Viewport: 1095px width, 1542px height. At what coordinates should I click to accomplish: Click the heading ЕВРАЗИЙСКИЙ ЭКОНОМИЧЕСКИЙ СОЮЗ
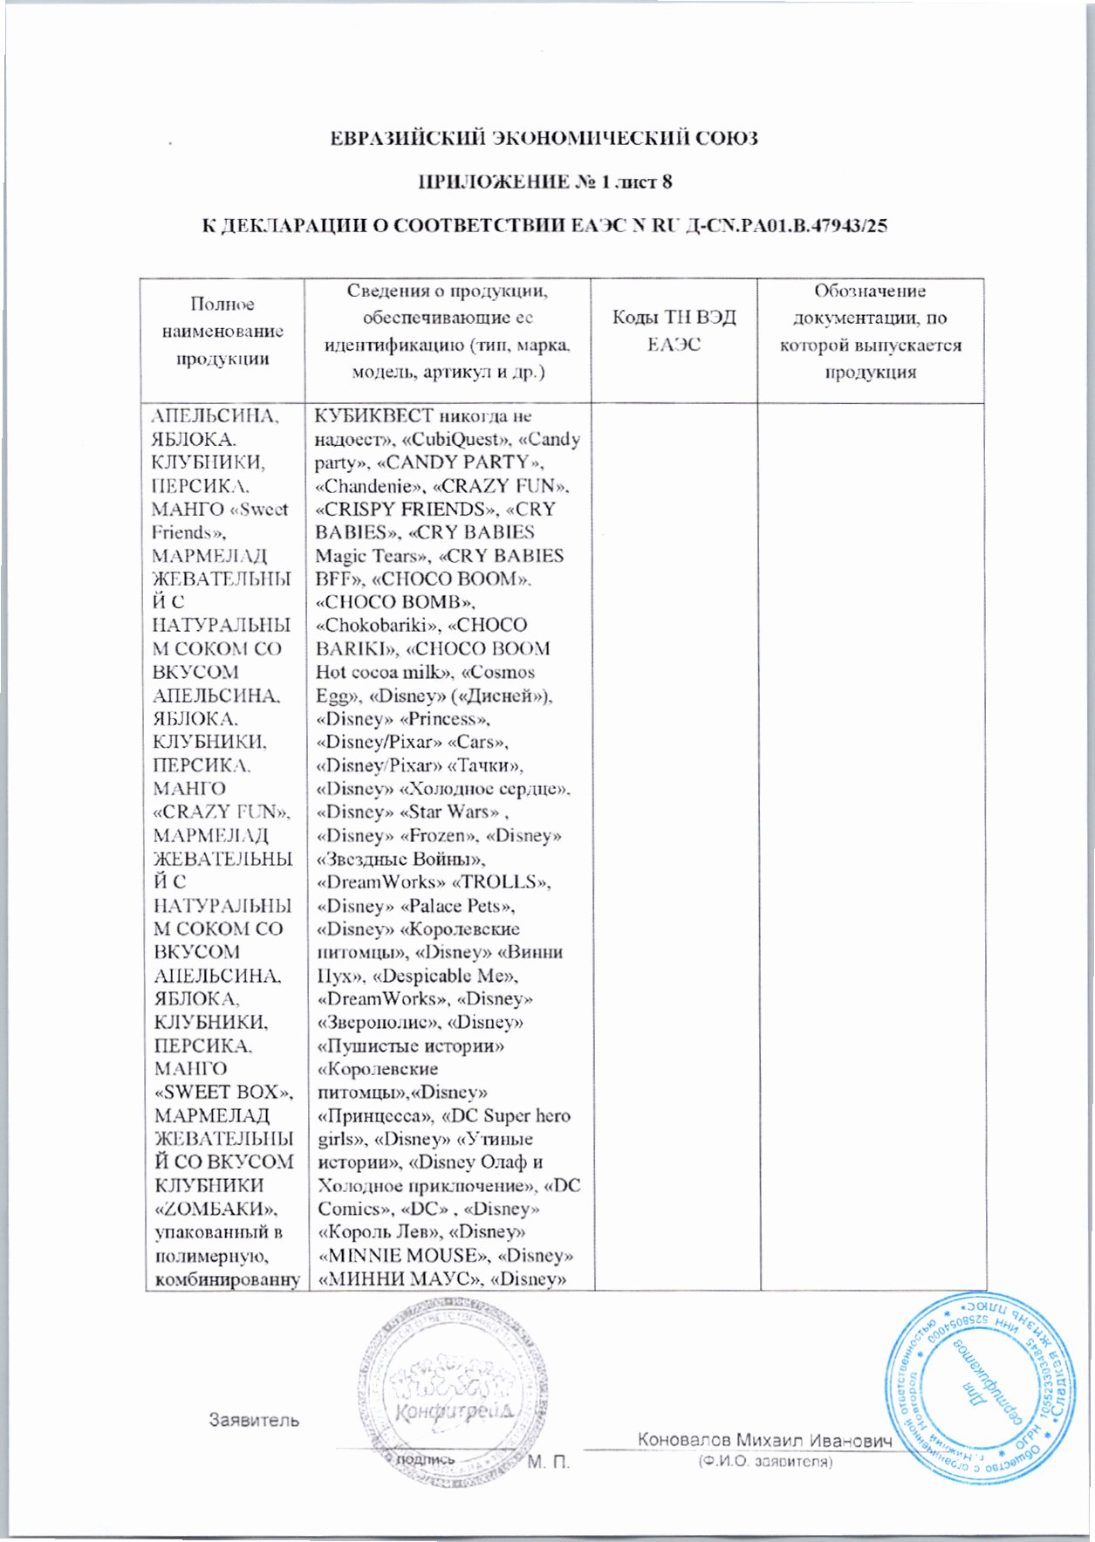(544, 138)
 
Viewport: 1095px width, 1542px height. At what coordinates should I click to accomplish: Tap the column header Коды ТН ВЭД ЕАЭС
(674, 331)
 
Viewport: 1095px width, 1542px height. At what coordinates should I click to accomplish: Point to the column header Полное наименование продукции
(222, 331)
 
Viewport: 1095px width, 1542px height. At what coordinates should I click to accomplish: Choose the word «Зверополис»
(376, 1022)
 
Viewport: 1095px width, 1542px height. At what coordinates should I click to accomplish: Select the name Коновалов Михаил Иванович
(764, 1440)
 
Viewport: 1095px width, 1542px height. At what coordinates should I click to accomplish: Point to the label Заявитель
(253, 1420)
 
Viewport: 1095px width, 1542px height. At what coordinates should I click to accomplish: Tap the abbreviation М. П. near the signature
(548, 1462)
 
